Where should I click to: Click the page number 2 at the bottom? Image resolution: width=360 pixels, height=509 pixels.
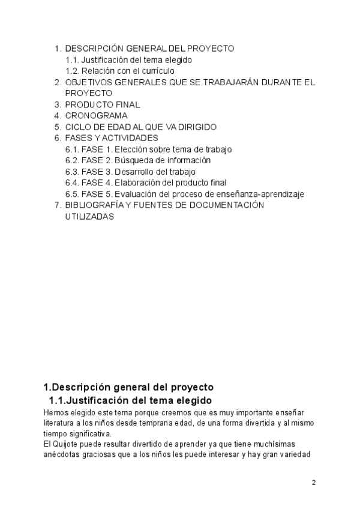tap(313, 482)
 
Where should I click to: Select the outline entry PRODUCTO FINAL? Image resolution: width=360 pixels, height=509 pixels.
tap(103, 104)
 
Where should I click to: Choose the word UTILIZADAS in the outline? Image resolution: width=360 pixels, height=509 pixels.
tap(89, 217)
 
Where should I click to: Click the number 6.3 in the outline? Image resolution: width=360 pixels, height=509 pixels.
tap(72, 172)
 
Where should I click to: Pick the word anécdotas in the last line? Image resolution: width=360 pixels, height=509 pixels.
tap(62, 454)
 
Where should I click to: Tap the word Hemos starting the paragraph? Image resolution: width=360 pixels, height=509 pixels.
tap(55, 413)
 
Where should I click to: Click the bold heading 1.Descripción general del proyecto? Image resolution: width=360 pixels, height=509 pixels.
tap(128, 387)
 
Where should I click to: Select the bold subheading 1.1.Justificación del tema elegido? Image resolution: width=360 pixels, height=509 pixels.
tap(130, 400)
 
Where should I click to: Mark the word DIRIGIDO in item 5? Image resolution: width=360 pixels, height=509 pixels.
tap(194, 127)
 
